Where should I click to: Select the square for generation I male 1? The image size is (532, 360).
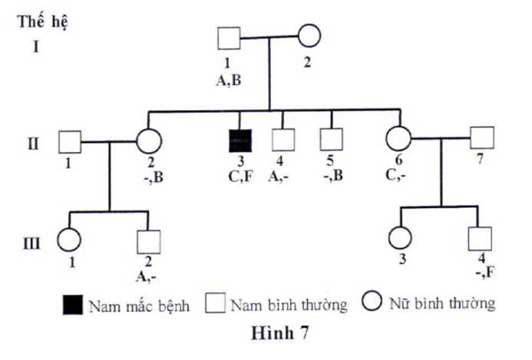(227, 38)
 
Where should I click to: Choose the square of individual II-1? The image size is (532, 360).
(70, 143)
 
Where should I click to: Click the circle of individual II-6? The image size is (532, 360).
(398, 140)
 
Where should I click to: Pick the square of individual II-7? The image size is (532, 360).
(481, 138)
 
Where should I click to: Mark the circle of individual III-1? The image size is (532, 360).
(70, 239)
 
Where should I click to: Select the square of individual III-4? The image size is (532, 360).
(481, 239)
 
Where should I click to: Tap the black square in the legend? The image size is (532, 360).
(72, 306)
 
